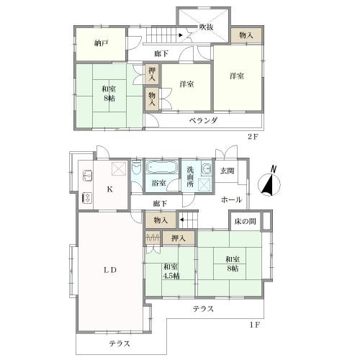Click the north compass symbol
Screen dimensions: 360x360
click(269, 184)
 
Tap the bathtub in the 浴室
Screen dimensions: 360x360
click(162, 167)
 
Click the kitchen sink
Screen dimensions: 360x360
click(87, 176)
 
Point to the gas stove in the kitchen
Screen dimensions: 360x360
click(87, 198)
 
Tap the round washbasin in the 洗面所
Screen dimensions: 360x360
click(206, 168)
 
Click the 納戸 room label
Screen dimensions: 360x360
click(101, 43)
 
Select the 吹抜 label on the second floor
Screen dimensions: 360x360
click(206, 27)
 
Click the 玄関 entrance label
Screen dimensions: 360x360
click(227, 171)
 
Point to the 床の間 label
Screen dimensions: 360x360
click(245, 221)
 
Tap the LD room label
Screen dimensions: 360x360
click(110, 270)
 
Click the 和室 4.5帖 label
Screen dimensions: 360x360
click(171, 271)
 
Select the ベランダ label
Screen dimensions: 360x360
click(203, 120)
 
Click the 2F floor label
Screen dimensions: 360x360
click(253, 137)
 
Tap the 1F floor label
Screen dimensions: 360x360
click(255, 325)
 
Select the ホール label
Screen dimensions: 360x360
click(231, 199)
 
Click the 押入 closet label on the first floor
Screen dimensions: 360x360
click(179, 238)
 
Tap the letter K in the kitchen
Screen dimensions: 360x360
click(109, 189)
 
